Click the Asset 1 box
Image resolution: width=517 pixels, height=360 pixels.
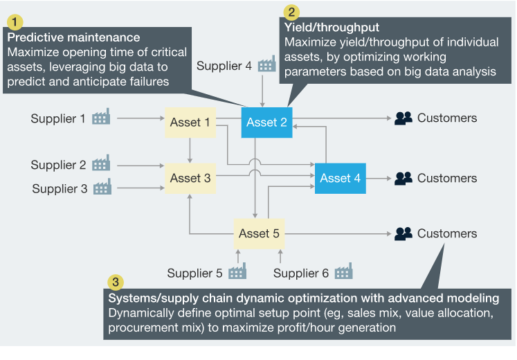[x=190, y=123]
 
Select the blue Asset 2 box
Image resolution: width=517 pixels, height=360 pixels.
[x=266, y=123]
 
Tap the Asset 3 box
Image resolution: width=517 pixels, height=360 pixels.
[x=190, y=178]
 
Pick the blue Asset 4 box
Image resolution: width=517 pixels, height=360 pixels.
[x=340, y=178]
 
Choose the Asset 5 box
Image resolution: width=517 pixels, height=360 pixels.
[x=259, y=233]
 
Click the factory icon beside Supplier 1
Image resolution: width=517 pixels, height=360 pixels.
[x=101, y=117]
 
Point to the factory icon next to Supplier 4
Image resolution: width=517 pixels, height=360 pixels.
[x=266, y=65]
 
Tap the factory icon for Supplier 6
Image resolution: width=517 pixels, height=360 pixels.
[x=343, y=272]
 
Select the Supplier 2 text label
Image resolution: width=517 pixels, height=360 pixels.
[x=58, y=165]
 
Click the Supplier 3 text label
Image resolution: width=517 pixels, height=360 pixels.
[x=60, y=188]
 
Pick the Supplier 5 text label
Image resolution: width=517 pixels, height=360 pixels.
[x=194, y=273]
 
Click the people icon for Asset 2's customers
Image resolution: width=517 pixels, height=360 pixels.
[x=403, y=118]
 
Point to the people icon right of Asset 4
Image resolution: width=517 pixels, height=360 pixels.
[x=403, y=178]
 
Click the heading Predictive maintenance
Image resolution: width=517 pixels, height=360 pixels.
[x=73, y=37]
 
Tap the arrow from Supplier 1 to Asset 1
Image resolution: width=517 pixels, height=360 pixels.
[x=138, y=118]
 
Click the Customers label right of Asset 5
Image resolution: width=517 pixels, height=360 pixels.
[x=446, y=233]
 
